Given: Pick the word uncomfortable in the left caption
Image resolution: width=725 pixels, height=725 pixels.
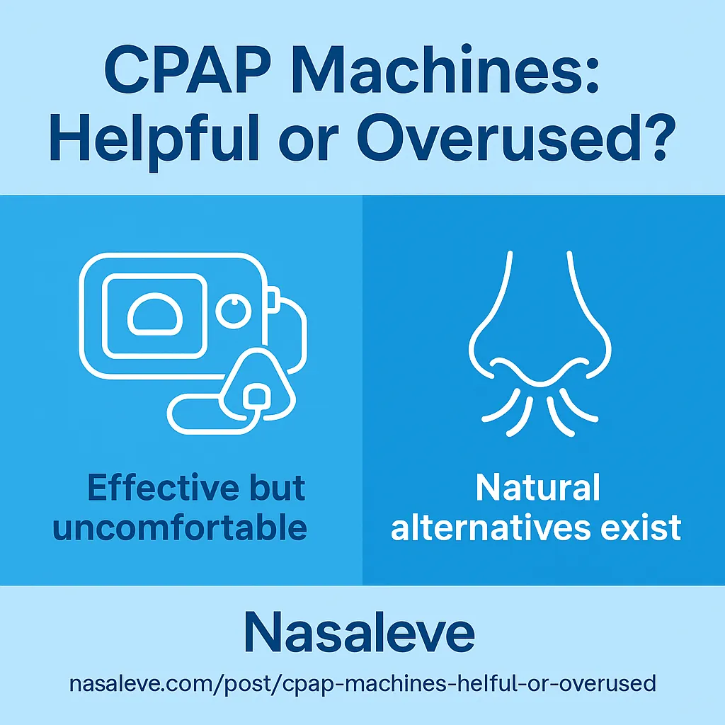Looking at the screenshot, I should [x=180, y=527].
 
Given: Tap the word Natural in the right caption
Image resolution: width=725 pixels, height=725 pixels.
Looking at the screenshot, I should [x=538, y=489].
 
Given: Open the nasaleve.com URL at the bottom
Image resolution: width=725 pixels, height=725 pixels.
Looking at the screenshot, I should [x=362, y=685].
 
